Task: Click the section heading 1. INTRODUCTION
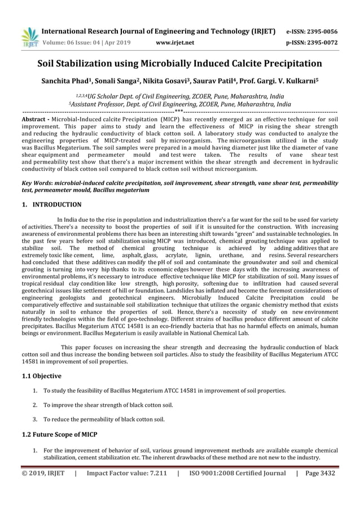click(x=51, y=205)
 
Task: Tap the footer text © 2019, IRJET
click(x=43, y=473)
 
